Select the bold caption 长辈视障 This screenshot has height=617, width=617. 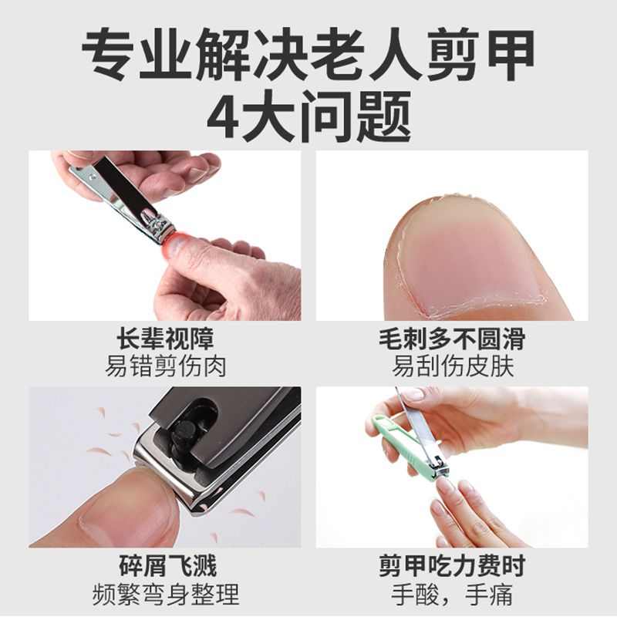click(x=165, y=339)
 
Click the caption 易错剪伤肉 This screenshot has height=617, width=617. click(x=165, y=365)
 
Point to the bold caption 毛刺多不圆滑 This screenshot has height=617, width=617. click(x=452, y=339)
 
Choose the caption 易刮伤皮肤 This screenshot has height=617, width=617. click(x=452, y=365)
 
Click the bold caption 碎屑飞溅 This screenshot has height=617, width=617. click(x=165, y=567)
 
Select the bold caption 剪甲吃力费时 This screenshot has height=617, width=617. click(x=452, y=567)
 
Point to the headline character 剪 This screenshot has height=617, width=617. click(x=448, y=54)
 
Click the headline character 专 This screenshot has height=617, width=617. click(x=109, y=54)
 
